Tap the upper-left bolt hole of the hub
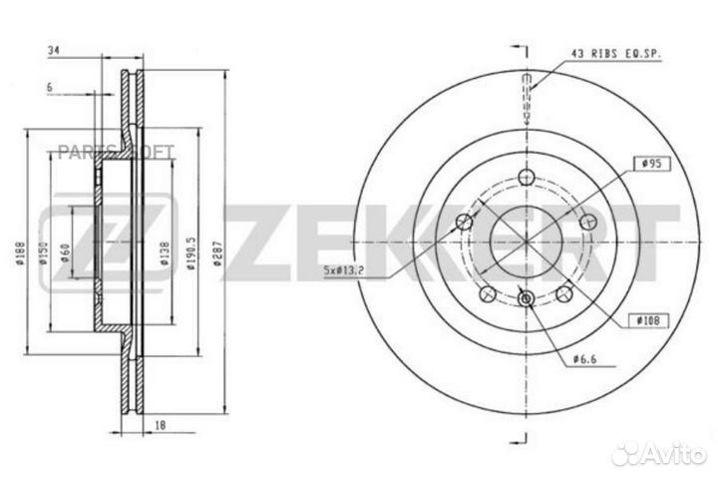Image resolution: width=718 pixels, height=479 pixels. [464, 223]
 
